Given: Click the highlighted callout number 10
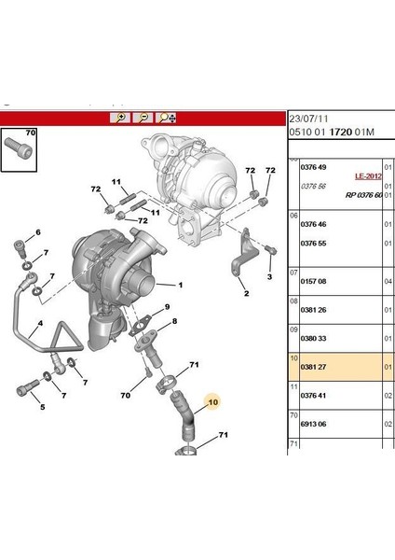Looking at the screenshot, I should tap(212, 402).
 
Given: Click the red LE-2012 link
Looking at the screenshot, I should tap(369, 175).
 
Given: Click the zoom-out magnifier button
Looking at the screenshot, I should tap(144, 118).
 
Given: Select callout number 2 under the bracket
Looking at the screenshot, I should tap(246, 294).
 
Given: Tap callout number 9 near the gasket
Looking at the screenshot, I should tap(169, 307).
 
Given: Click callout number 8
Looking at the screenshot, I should tap(172, 322).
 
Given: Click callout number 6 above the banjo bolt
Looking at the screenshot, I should tap(38, 231).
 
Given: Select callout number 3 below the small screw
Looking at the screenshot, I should tap(268, 277).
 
